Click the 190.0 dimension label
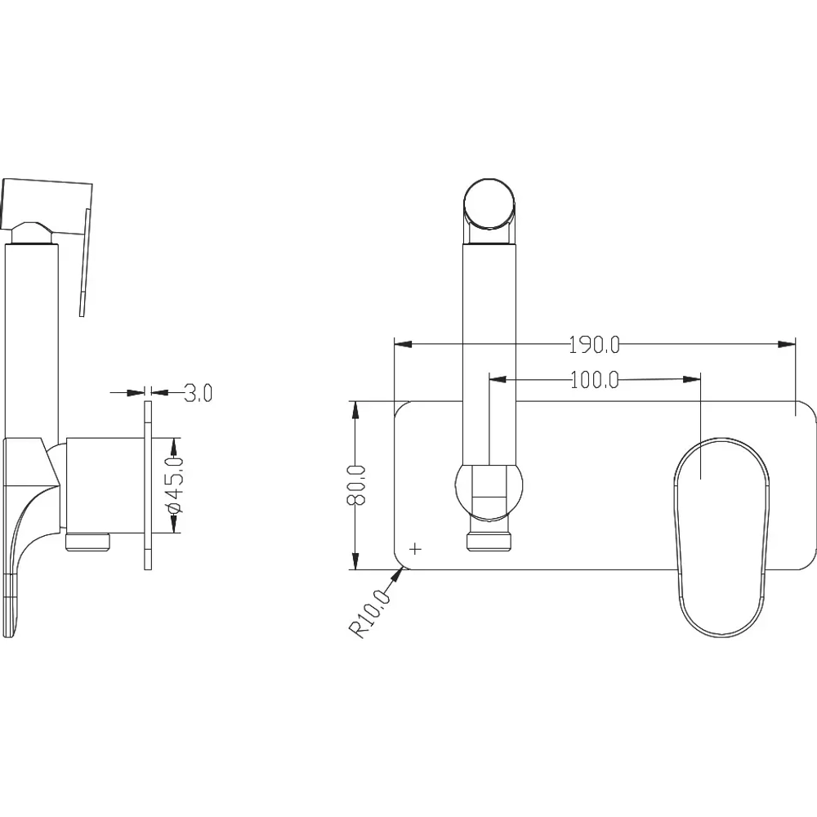tap(594, 345)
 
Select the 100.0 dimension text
tap(595, 380)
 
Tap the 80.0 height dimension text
tap(357, 485)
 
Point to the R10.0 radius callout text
tap(370, 614)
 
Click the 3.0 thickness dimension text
tap(199, 393)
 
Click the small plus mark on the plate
tap(415, 549)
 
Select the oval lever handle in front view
tap(721, 537)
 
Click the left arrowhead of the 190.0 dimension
tap(403, 344)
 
